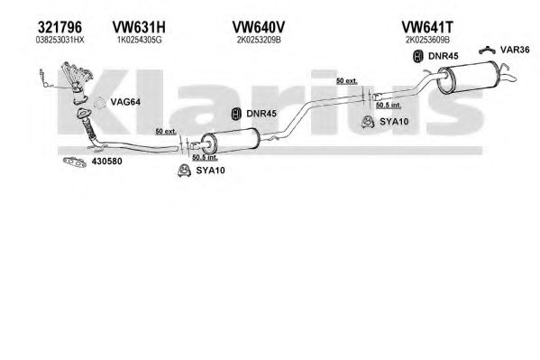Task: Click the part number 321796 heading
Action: point(59,27)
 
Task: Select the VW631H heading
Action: point(139,27)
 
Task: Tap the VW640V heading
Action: point(259,27)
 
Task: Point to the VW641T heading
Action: point(427,27)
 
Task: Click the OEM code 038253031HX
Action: point(59,40)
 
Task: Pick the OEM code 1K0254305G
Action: point(139,40)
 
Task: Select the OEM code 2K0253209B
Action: point(259,40)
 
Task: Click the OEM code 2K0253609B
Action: point(427,40)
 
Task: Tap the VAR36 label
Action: point(515,50)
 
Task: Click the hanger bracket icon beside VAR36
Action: point(487,51)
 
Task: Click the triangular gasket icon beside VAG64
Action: point(100,102)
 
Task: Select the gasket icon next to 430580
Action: point(75,162)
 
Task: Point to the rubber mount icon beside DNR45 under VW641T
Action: point(418,56)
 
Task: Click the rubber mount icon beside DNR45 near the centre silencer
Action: point(236,114)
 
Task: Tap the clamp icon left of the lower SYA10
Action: point(184,171)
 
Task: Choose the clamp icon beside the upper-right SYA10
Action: point(368,122)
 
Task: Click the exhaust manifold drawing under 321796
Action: point(78,83)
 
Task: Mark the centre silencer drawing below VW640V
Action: point(231,141)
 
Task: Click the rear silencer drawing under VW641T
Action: point(469,77)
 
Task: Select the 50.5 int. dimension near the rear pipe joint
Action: point(389,105)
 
